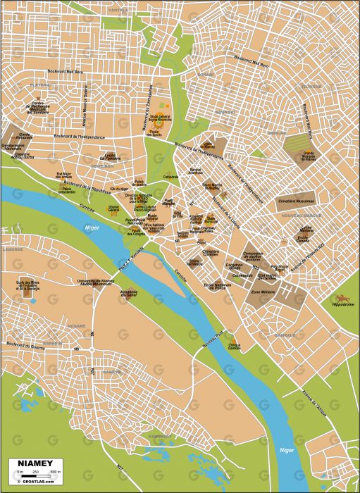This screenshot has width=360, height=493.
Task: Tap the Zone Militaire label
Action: click(263, 290)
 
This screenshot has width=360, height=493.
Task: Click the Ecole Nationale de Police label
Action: click(218, 285)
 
